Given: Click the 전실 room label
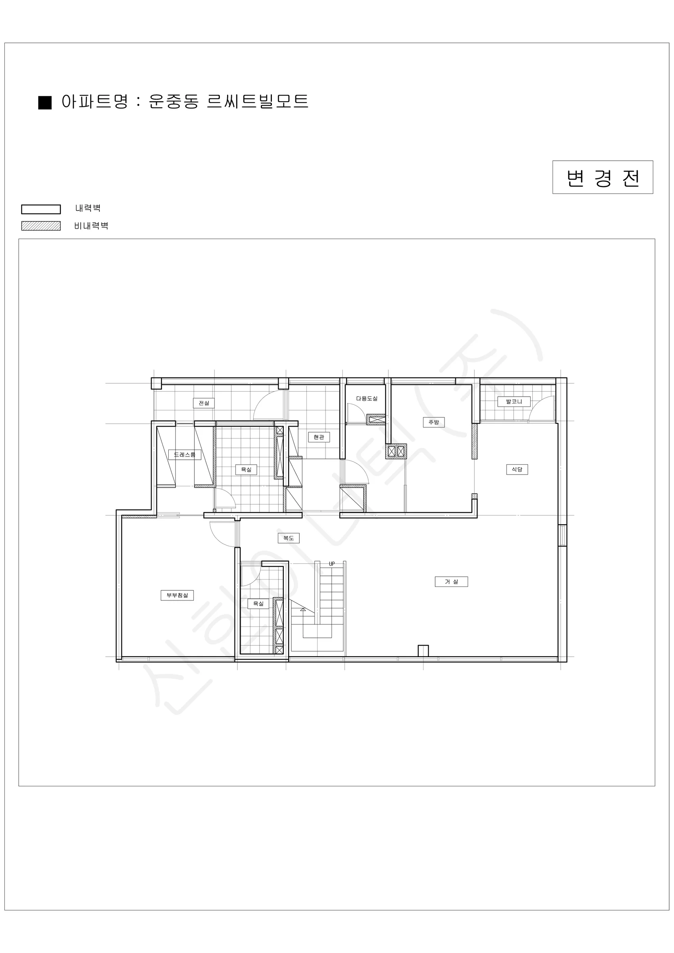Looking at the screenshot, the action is (204, 403).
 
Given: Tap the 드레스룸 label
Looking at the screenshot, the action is (185, 455).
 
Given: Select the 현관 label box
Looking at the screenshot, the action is (319, 437).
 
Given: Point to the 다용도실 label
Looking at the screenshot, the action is (367, 398).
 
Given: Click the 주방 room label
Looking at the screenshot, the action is (434, 422).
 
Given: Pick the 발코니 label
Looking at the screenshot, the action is (514, 401).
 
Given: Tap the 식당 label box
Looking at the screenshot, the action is (517, 469).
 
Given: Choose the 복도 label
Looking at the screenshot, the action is (289, 538).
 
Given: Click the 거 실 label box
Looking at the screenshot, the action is (451, 581).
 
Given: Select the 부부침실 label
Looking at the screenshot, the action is (177, 595).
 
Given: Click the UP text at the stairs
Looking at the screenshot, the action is (331, 564).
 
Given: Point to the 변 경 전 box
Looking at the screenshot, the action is (603, 177).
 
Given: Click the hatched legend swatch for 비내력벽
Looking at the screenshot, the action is (41, 226).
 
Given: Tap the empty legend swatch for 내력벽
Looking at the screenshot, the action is (41, 209).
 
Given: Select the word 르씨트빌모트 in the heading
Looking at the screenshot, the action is (257, 101).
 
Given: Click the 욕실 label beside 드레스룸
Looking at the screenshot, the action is (246, 469).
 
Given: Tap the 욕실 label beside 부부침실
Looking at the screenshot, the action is (258, 604).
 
